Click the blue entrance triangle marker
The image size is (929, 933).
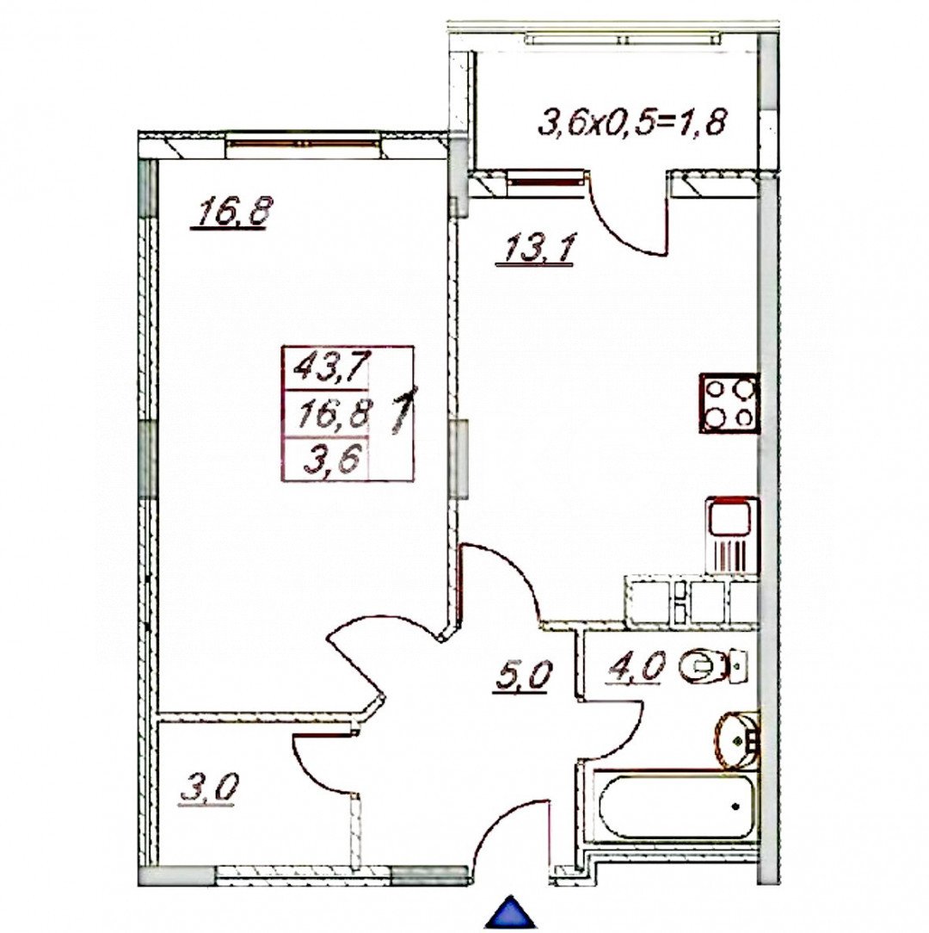(514, 912)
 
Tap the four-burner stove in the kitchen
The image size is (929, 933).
(729, 403)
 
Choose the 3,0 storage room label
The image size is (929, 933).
(208, 788)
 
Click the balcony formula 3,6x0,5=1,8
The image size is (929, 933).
(633, 121)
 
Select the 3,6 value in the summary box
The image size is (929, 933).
(330, 462)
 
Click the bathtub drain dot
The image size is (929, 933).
(735, 806)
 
